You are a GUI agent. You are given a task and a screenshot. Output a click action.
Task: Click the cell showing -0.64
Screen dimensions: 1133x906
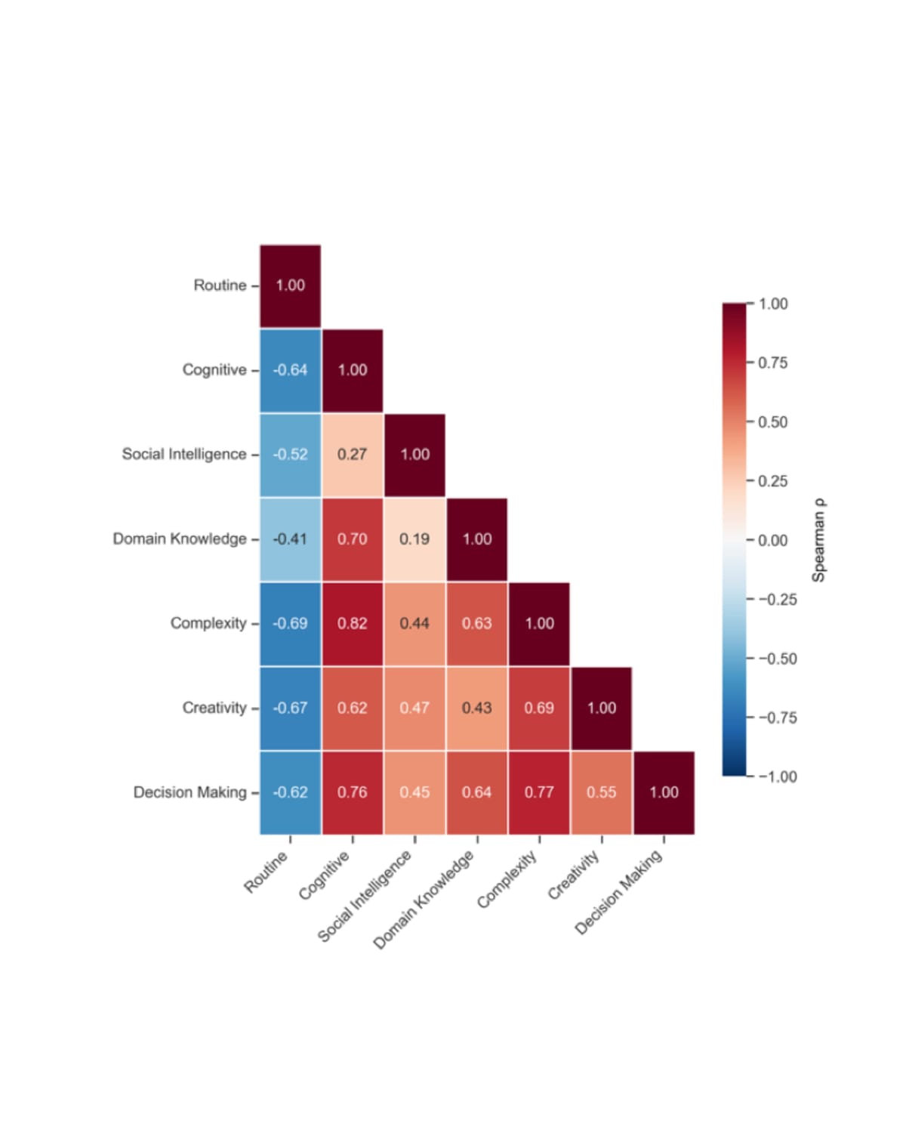[291, 370]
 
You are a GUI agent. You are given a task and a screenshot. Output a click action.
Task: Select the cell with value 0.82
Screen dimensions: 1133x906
[353, 624]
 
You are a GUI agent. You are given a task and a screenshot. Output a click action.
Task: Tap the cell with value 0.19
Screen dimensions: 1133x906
[414, 539]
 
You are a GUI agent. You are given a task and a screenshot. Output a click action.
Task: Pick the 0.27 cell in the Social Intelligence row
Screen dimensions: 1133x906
[353, 455]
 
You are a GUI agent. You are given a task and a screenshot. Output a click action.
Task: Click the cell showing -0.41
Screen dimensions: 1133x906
[291, 539]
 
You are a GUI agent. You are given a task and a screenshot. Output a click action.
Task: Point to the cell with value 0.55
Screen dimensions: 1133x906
[602, 792]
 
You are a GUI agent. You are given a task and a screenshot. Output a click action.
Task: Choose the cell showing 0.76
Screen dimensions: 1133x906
[353, 792]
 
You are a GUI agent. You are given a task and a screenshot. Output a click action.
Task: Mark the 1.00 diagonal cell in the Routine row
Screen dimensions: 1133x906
[291, 286]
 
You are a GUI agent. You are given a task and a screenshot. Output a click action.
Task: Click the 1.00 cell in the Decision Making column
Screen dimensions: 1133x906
[664, 792]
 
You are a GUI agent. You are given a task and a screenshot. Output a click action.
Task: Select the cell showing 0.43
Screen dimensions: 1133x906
[477, 708]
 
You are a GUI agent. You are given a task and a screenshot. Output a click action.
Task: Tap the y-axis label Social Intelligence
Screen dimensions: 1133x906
[184, 455]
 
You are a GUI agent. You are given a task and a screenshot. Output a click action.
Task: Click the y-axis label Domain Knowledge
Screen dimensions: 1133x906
[180, 539]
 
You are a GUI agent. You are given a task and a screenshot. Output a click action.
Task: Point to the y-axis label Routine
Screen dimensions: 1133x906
[220, 286]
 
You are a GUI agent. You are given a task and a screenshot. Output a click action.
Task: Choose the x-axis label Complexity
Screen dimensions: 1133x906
[507, 879]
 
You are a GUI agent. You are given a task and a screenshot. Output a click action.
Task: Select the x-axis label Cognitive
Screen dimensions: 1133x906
[325, 875]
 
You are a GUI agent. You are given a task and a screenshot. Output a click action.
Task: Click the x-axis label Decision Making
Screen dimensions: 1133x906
[618, 892]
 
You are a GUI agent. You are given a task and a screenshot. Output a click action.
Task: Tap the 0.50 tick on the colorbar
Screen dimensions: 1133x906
[772, 422]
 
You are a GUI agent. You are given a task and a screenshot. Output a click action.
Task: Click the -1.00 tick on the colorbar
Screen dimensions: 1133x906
[777, 776]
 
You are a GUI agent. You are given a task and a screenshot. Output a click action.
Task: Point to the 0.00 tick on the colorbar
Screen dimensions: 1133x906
[772, 541]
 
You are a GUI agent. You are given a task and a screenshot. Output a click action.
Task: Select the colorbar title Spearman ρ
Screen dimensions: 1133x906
[818, 540]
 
